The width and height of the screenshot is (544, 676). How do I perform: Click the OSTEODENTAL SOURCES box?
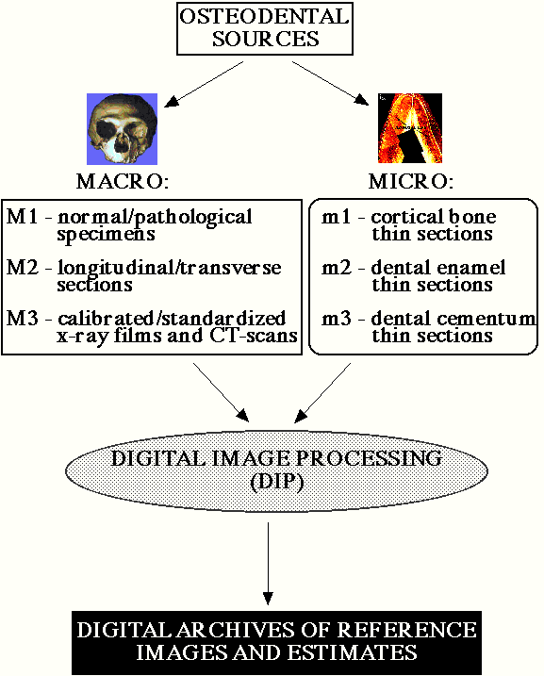tap(265, 28)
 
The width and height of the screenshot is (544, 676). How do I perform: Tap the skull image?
tap(122, 129)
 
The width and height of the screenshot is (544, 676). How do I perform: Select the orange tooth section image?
tap(410, 128)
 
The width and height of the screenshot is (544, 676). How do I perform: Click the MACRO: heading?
tap(123, 182)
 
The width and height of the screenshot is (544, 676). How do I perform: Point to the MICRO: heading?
tap(411, 182)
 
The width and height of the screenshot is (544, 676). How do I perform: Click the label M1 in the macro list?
tap(23, 217)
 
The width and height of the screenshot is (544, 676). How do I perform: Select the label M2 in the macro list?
tap(23, 268)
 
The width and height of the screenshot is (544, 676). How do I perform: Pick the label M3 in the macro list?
tap(23, 318)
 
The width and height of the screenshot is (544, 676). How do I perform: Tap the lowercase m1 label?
tap(336, 217)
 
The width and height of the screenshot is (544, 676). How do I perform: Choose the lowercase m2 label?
tap(337, 268)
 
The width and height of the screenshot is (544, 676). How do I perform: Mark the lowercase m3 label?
tap(337, 319)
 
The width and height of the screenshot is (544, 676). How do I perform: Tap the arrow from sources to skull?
tap(204, 84)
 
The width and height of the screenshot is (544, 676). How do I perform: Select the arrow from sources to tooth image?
tap(331, 83)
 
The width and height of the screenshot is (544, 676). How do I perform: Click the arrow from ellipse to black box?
tap(268, 564)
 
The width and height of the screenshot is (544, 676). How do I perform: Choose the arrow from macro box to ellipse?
tap(222, 392)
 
